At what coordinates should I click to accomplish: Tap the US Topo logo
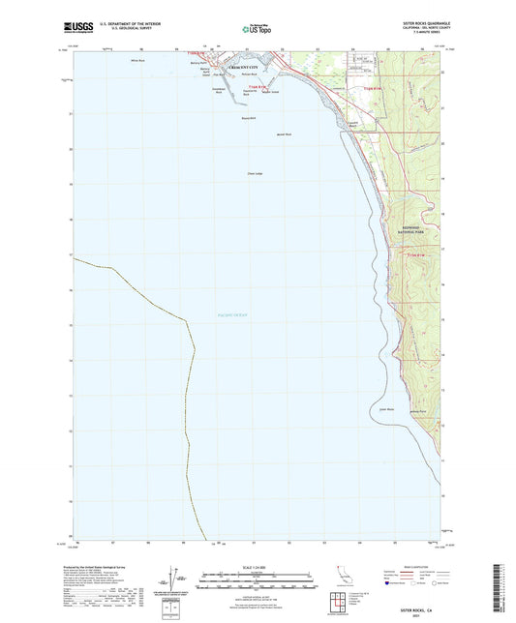[257, 29]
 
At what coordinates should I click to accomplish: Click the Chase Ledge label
[256, 174]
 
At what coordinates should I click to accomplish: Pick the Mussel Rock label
[284, 133]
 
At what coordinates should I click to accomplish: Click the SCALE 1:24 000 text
[257, 568]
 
